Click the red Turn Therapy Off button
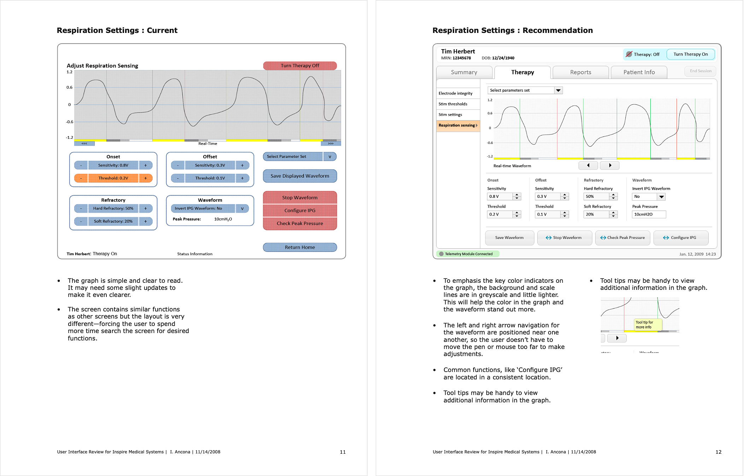300,65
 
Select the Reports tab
580,72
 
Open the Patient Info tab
639,72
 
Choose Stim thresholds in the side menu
453,104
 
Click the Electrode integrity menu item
455,93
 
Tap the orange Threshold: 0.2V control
113,178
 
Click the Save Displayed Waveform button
300,176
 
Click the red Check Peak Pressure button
300,223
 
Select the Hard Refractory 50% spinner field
597,196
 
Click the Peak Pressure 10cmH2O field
649,214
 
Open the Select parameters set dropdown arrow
558,90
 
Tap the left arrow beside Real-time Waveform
588,165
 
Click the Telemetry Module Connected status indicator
468,254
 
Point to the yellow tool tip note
647,325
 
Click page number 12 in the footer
718,452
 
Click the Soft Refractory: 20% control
113,221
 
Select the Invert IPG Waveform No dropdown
648,196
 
